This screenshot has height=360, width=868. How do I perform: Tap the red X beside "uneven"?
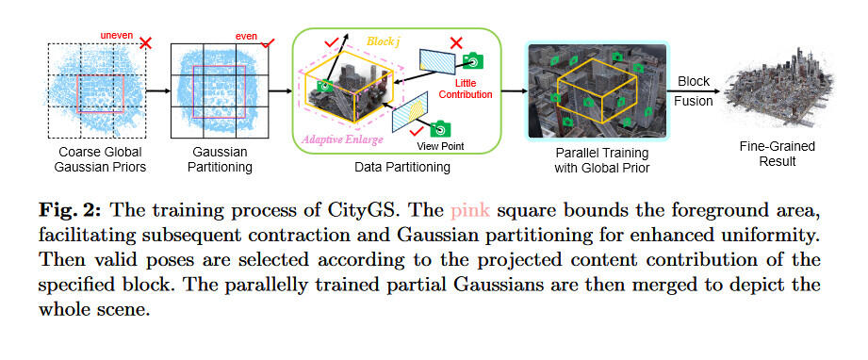coord(145,42)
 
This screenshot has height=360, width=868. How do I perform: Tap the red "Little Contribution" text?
coord(468,89)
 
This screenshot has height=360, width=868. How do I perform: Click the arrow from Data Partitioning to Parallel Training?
coord(514,91)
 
